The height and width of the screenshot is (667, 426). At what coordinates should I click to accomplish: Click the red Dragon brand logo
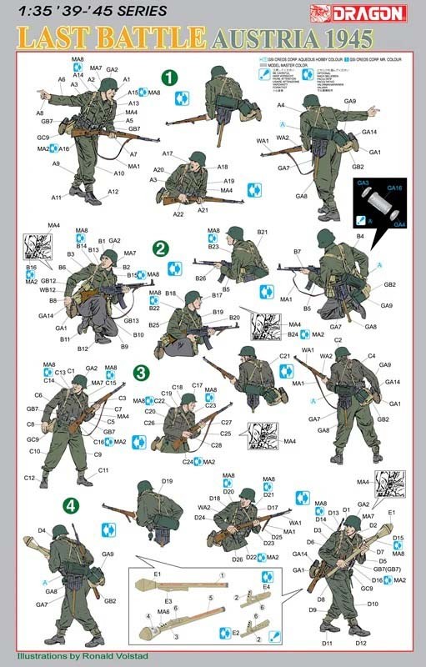(x=378, y=11)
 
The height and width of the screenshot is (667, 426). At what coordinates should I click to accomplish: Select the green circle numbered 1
(x=170, y=77)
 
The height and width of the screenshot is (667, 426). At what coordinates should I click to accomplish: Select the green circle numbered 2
(x=160, y=248)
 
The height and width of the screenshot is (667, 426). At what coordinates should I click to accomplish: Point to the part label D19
(x=167, y=482)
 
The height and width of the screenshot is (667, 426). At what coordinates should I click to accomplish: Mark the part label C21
(x=284, y=357)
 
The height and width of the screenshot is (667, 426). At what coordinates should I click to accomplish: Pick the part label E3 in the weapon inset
(x=168, y=600)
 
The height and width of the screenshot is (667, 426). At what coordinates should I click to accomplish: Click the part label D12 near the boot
(x=360, y=643)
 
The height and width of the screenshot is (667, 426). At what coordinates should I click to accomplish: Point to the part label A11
(x=56, y=198)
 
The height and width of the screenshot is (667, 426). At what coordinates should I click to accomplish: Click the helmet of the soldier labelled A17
(x=198, y=158)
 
